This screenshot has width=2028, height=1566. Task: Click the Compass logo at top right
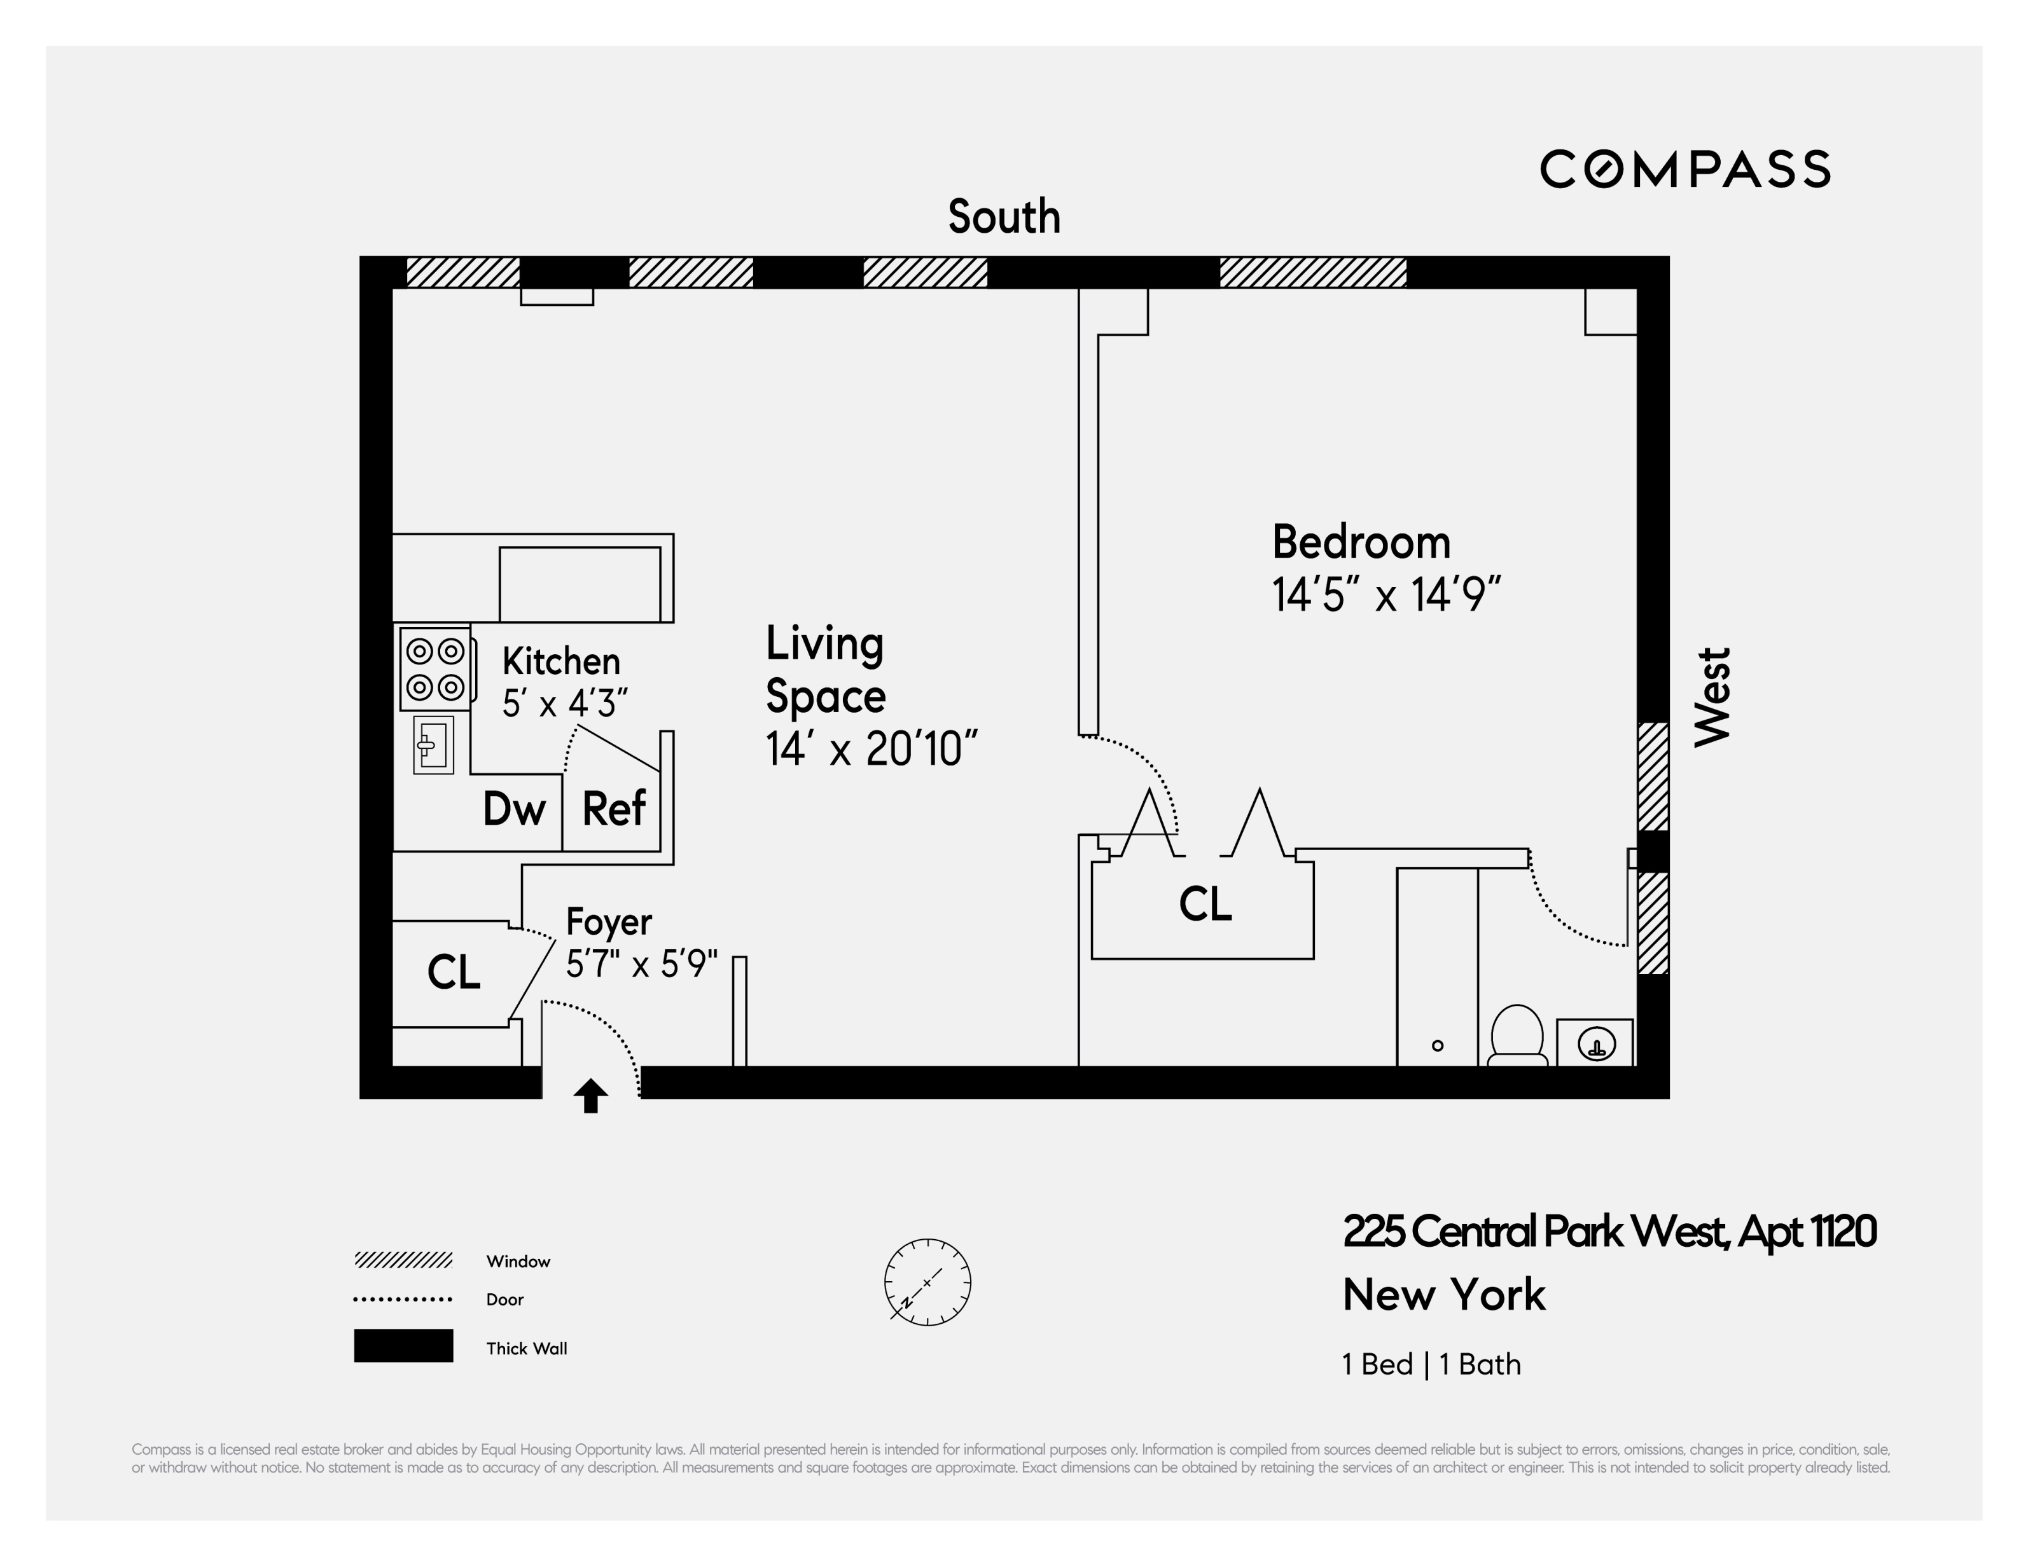click(1684, 169)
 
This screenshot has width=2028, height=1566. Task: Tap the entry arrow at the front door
click(590, 1096)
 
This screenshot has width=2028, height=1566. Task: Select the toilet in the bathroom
click(1517, 1036)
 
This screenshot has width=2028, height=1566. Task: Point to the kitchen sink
click(433, 745)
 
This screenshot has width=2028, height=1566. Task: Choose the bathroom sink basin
click(1596, 1044)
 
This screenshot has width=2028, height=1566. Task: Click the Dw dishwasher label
click(513, 809)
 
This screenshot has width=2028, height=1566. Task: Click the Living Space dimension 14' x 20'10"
click(871, 749)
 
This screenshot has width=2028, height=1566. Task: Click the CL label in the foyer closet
click(453, 973)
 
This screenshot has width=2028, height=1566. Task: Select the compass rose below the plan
click(927, 1282)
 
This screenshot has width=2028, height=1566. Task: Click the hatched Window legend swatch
click(403, 1260)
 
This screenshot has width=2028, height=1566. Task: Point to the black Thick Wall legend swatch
click(403, 1346)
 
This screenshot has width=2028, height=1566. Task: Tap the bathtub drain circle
click(1438, 1046)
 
